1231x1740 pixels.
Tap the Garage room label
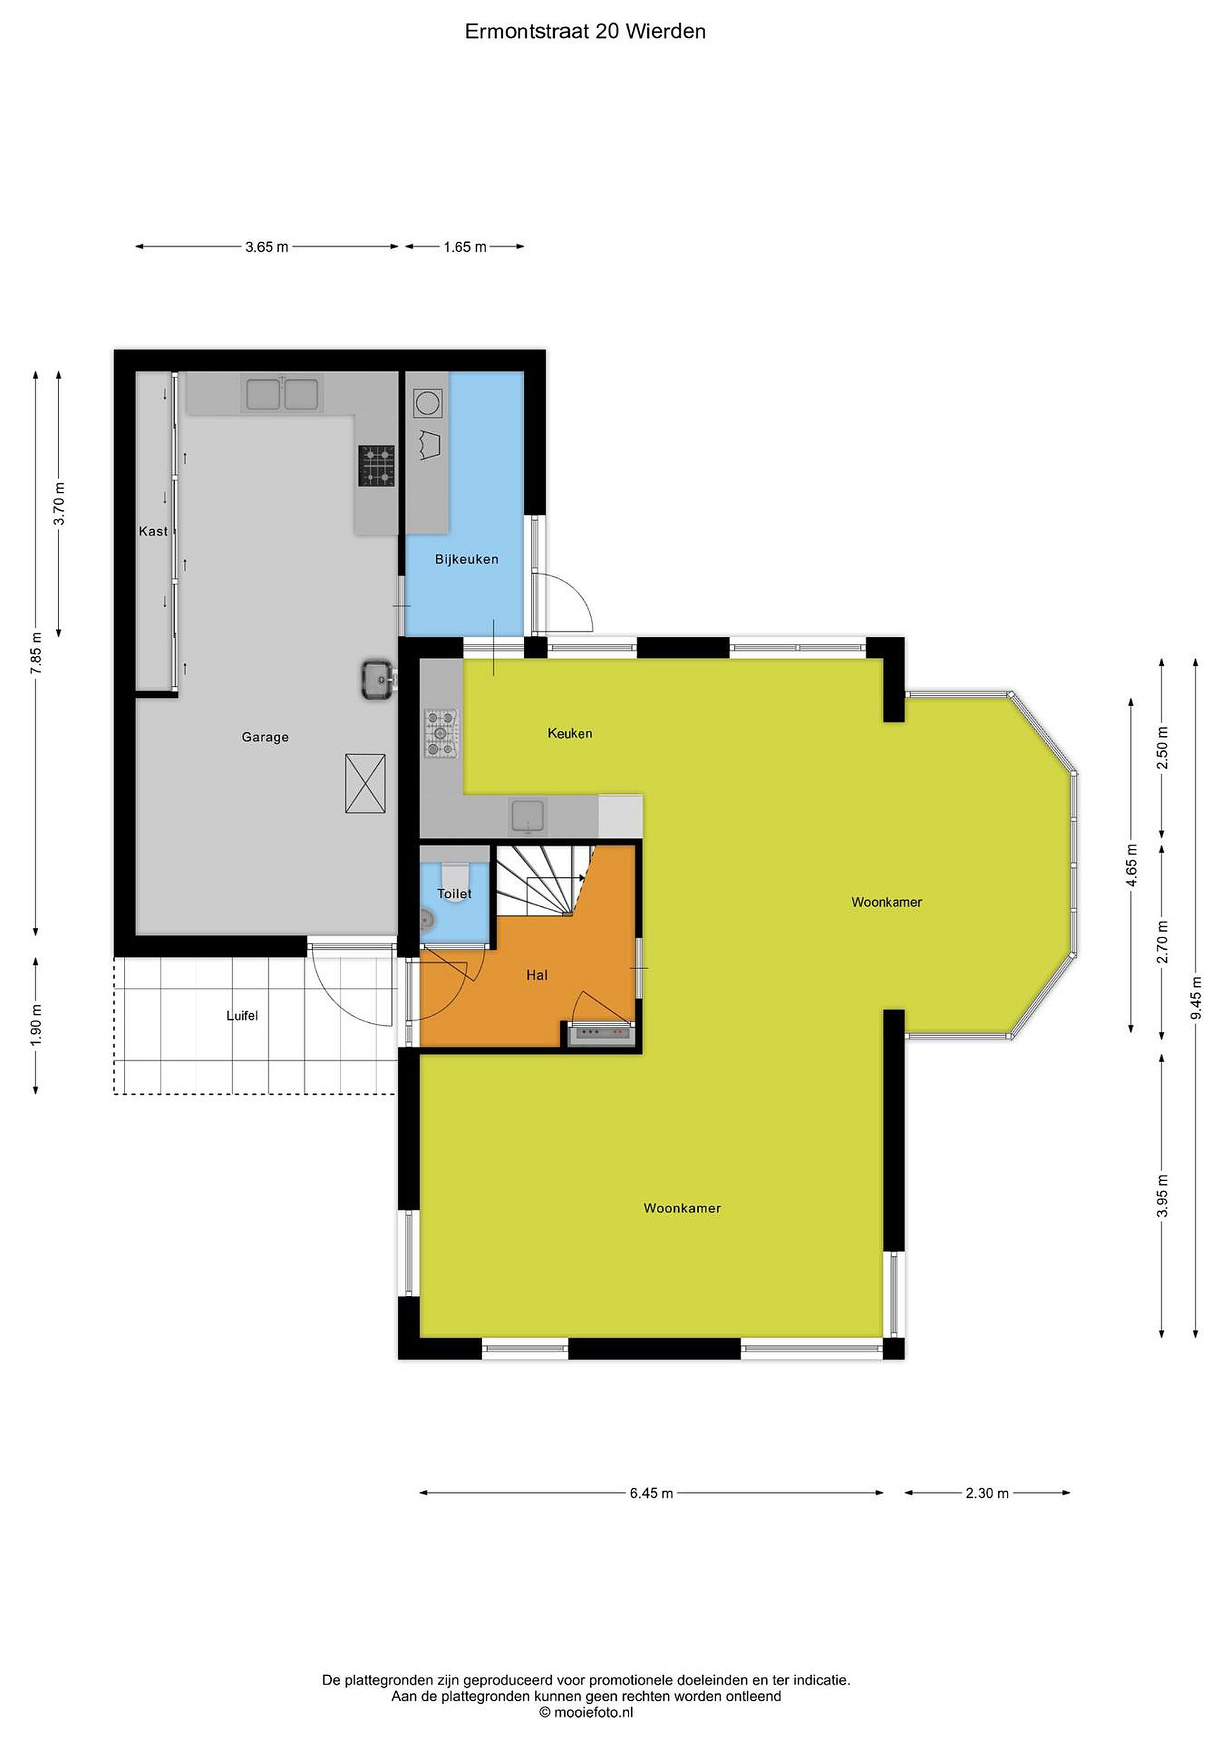[x=265, y=736]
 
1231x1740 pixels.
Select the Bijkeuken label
[x=467, y=559]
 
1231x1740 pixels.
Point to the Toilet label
[x=455, y=894]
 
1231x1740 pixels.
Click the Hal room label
[x=537, y=975]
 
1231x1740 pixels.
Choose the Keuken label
[x=570, y=733]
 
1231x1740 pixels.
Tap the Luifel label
[x=242, y=1016]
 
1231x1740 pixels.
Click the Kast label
[x=153, y=531]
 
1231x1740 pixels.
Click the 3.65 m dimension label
[x=267, y=247]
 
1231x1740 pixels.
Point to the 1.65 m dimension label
[x=465, y=247]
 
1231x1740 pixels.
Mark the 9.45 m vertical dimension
[x=1196, y=999]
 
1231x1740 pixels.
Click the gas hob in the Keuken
[x=441, y=733]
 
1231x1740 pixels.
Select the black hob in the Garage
[x=376, y=465]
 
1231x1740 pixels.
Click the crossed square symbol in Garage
[x=366, y=784]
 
